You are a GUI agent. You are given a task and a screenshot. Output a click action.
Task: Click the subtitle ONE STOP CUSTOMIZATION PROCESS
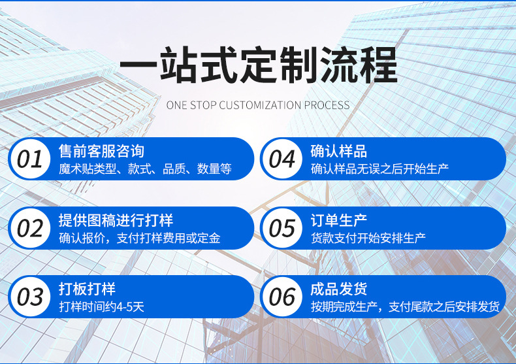click(258, 105)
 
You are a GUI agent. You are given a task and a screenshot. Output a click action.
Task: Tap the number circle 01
click(30, 159)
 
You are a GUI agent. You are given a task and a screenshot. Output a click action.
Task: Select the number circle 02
click(30, 228)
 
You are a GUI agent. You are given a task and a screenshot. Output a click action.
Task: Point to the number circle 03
click(30, 297)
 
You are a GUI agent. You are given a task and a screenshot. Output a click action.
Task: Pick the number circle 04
click(282, 159)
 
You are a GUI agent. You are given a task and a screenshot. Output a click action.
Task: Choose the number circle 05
click(282, 228)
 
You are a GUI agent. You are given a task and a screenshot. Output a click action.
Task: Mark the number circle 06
click(282, 297)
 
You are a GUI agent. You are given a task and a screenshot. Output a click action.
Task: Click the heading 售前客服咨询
click(101, 151)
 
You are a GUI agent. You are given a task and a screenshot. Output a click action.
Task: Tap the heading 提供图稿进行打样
click(116, 220)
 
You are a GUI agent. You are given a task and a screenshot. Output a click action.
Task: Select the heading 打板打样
click(87, 289)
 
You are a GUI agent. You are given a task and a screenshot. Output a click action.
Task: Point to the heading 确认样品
click(339, 151)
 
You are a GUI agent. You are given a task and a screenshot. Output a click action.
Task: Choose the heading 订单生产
click(339, 220)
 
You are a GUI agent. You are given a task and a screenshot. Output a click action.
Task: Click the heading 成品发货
click(339, 289)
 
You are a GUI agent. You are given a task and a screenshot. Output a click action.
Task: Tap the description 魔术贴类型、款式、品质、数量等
click(145, 169)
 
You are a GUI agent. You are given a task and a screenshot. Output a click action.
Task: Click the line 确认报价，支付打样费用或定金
click(140, 239)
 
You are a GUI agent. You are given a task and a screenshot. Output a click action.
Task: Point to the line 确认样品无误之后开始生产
click(379, 169)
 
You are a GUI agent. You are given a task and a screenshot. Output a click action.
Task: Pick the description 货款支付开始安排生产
click(368, 239)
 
